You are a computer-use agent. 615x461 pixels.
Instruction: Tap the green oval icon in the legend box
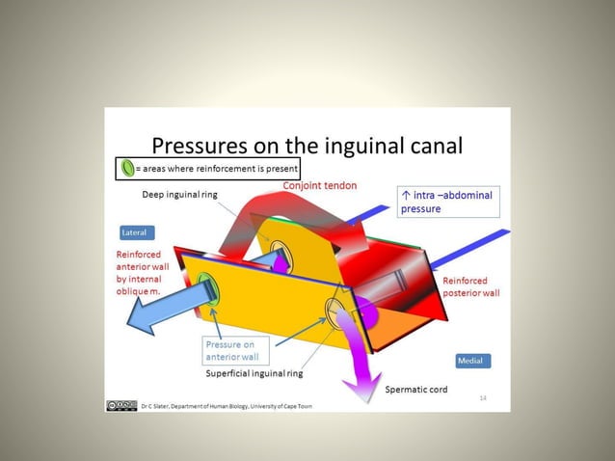pyautogui.click(x=126, y=168)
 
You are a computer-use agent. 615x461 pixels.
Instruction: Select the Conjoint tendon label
pyautogui.click(x=319, y=185)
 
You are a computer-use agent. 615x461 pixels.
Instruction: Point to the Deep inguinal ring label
pyautogui.click(x=179, y=194)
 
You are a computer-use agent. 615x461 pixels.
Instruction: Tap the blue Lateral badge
pyautogui.click(x=137, y=233)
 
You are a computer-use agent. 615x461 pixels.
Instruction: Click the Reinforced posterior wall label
pyautogui.click(x=470, y=286)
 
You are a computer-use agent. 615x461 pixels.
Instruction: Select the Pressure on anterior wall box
pyautogui.click(x=231, y=350)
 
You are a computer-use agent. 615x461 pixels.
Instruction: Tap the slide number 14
pyautogui.click(x=483, y=397)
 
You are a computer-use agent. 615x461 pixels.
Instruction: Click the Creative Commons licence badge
pyautogui.click(x=121, y=405)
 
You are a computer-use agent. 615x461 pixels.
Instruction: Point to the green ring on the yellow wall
pyautogui.click(x=205, y=286)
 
